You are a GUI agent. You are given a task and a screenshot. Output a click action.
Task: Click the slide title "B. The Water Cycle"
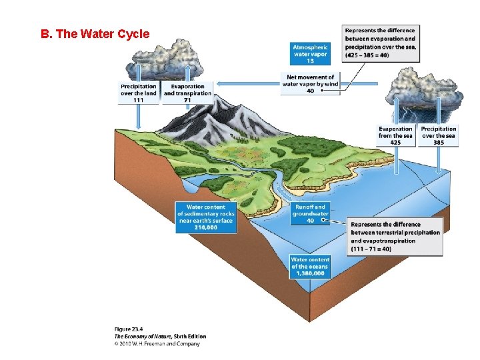[95, 34]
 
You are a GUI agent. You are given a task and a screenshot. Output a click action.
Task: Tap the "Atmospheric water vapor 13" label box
[311, 53]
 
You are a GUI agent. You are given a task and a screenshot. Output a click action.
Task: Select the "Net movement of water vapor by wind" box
[310, 84]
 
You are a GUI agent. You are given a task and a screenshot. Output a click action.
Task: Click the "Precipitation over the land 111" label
[139, 93]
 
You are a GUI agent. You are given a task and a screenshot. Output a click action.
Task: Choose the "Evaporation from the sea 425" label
[395, 135]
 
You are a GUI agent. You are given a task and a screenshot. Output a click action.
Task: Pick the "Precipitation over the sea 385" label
[439, 135]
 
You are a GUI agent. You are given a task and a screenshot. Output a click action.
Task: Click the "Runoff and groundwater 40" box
[310, 213]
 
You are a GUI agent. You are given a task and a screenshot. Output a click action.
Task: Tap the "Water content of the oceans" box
[310, 266]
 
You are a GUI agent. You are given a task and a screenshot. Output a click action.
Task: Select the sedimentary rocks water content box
[206, 217]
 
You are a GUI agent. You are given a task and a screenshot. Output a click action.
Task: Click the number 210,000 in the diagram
[206, 227]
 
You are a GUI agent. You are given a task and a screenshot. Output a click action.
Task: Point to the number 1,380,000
[310, 273]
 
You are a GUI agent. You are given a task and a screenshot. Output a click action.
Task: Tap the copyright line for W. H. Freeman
[157, 344]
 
